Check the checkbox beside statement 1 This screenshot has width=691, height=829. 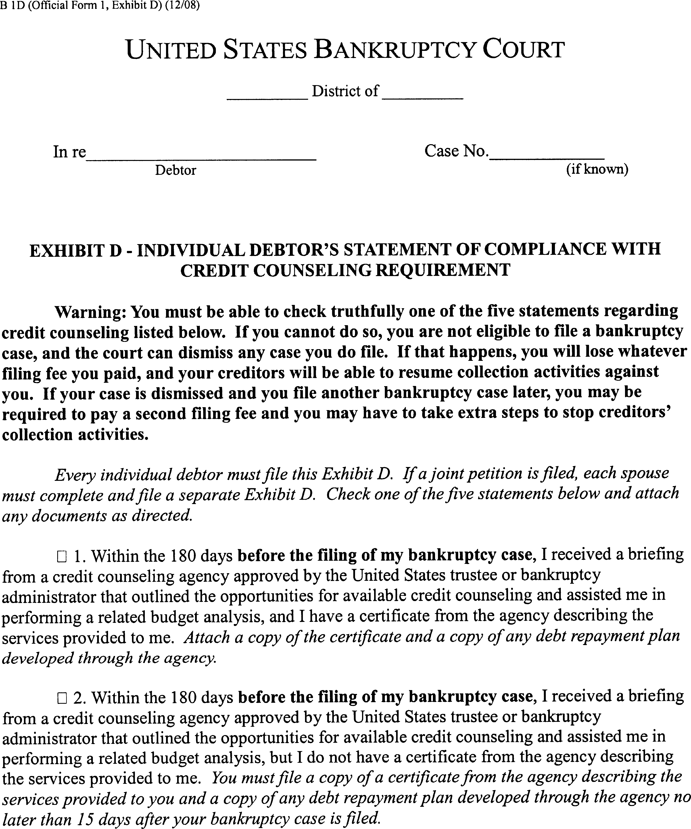click(x=62, y=557)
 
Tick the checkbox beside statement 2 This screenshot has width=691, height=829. click(x=62, y=698)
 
